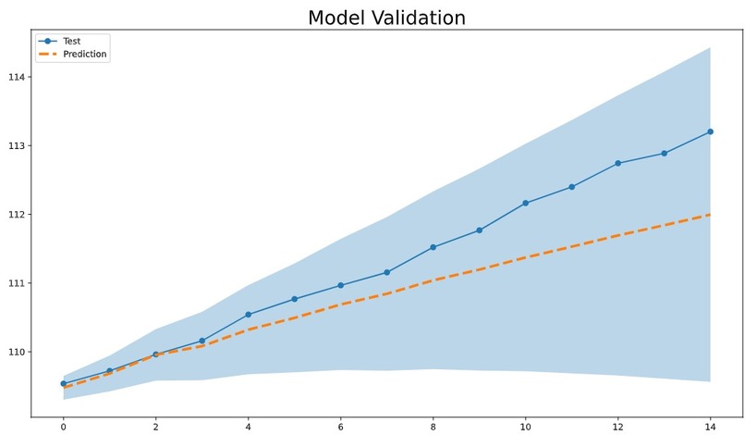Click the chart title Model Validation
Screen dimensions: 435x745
click(x=386, y=18)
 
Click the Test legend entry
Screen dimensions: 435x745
click(x=70, y=41)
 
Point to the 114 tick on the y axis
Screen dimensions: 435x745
click(x=16, y=77)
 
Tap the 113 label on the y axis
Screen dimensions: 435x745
click(x=16, y=145)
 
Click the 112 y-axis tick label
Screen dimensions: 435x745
click(x=16, y=215)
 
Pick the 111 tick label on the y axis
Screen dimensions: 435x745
click(x=16, y=283)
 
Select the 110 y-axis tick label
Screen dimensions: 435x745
click(x=16, y=352)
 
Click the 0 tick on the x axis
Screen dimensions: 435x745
click(x=63, y=427)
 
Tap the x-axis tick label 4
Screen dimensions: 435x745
click(x=248, y=427)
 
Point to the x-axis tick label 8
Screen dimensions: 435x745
click(x=433, y=427)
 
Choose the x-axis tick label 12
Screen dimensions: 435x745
click(x=617, y=427)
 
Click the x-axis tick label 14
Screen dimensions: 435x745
click(x=710, y=427)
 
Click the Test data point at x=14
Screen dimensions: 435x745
click(x=710, y=131)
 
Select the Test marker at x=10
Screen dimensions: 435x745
click(x=525, y=203)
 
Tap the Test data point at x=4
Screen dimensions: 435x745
click(x=248, y=315)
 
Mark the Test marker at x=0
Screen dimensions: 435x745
click(x=63, y=383)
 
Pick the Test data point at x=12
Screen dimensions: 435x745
click(x=617, y=163)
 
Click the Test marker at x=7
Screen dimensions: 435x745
click(x=386, y=272)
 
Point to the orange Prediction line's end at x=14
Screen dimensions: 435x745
click(x=709, y=215)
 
